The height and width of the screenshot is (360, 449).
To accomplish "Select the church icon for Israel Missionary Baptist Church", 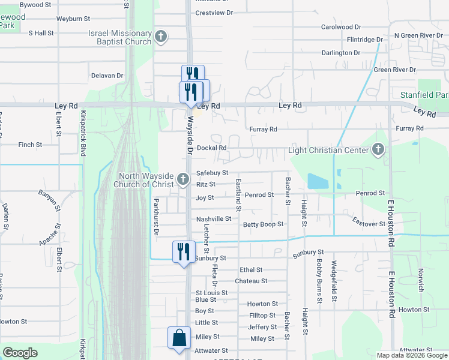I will [x=160, y=37].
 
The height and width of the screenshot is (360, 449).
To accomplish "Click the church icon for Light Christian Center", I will [x=378, y=149].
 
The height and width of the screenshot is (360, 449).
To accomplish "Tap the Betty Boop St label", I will [x=263, y=224].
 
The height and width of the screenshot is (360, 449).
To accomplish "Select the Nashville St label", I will [x=213, y=219].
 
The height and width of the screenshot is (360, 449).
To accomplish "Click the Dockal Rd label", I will [x=211, y=148].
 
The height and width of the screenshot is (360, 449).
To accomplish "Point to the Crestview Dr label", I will [x=214, y=13].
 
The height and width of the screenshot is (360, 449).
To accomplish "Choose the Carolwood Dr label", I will [x=341, y=27].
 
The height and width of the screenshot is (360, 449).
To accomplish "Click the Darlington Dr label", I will [x=340, y=53].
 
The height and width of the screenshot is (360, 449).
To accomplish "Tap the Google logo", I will [x=20, y=353].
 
